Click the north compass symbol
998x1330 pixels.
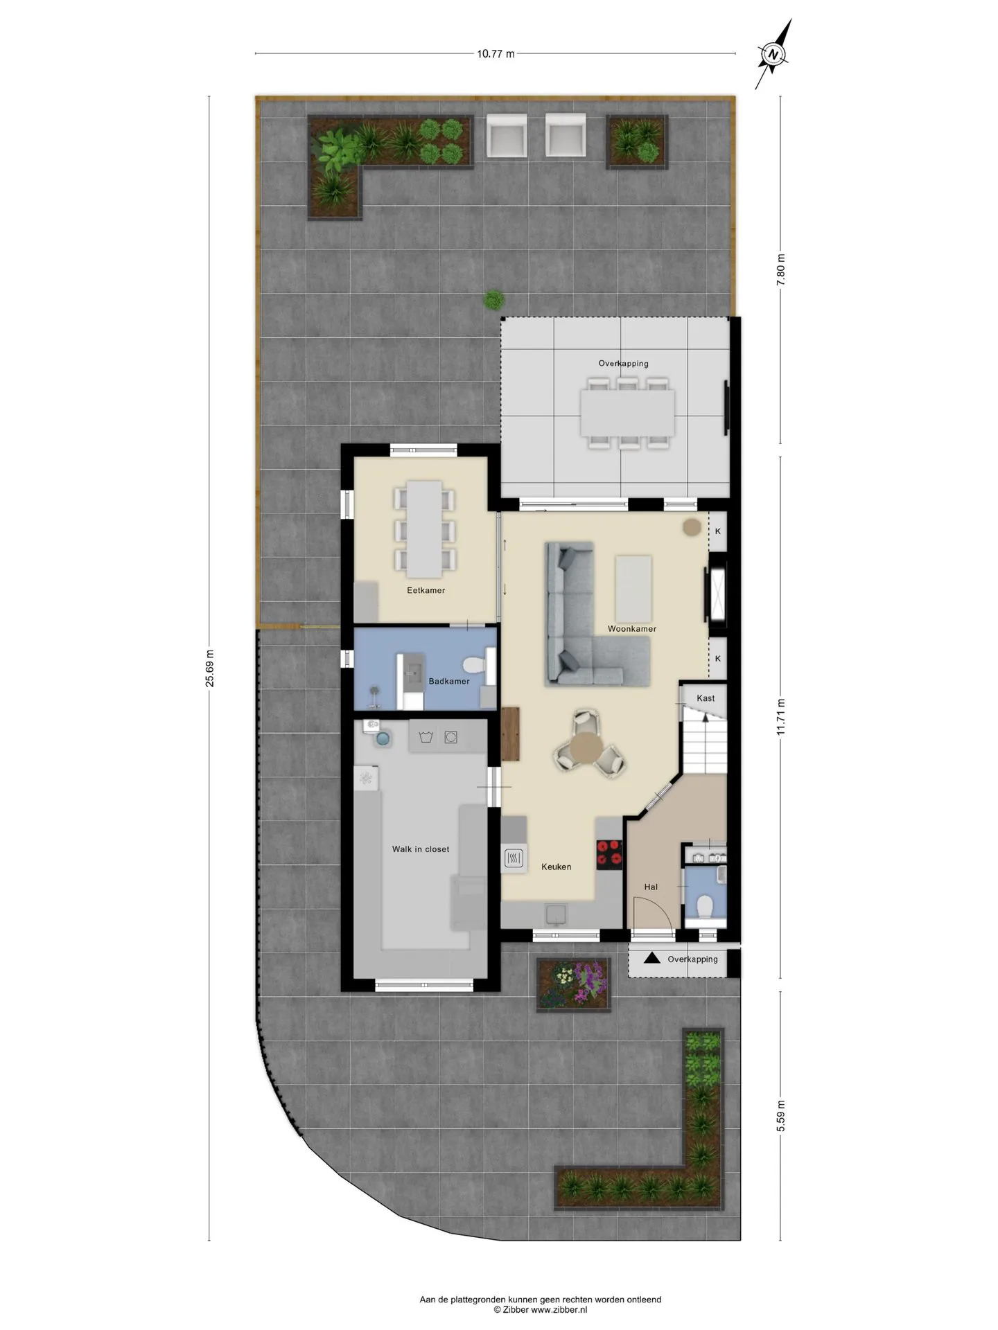point(775,54)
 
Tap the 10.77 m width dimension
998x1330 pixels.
point(496,53)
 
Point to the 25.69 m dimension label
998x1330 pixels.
point(209,668)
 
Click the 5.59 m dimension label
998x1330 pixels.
point(781,1115)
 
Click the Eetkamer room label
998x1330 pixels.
point(426,590)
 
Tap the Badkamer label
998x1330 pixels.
point(449,681)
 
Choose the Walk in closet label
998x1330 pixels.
point(421,849)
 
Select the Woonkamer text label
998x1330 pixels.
point(632,629)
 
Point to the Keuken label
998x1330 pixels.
point(557,867)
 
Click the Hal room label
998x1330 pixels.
point(651,887)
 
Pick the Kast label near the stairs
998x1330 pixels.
point(706,698)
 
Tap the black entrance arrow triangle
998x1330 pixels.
point(651,959)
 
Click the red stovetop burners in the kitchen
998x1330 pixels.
point(609,853)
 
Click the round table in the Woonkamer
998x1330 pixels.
point(586,747)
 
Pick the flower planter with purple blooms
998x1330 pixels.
point(574,984)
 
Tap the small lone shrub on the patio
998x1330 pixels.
point(493,300)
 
